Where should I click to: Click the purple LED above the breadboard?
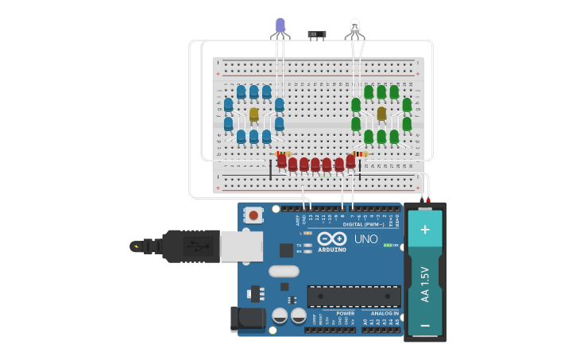tap(280, 26)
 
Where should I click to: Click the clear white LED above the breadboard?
tap(354, 27)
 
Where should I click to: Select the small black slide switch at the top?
tap(316, 35)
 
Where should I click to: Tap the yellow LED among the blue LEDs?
tap(253, 114)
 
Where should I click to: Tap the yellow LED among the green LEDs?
tap(381, 114)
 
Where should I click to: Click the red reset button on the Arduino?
tap(253, 215)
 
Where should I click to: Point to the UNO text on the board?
tap(365, 238)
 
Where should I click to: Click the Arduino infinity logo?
tap(332, 238)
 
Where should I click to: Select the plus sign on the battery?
tap(425, 230)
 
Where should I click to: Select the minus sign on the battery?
tap(425, 325)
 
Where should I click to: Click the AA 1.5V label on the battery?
tap(425, 284)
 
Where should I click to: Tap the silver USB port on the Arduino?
tap(241, 246)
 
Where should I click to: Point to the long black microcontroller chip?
tap(354, 296)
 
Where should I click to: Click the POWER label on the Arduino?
tap(345, 313)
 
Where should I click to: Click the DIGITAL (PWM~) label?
tap(363, 225)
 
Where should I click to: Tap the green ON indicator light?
tap(387, 245)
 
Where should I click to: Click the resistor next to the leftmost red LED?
tap(284, 153)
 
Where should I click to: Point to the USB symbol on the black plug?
tap(195, 246)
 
